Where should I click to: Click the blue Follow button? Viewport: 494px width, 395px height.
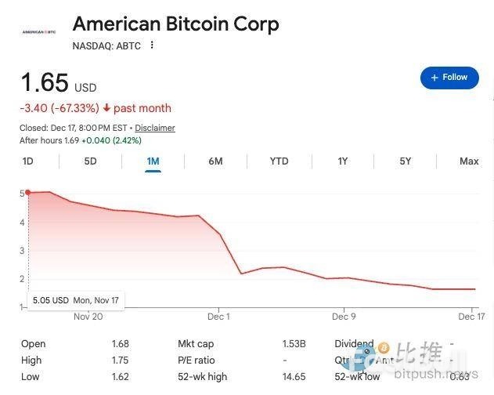[x=449, y=78]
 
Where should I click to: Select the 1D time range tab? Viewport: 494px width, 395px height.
[x=28, y=161]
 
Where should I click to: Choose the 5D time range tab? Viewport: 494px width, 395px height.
[x=90, y=161]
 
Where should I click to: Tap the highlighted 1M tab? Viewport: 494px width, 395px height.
[x=153, y=161]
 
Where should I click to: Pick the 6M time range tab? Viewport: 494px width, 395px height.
[x=215, y=161]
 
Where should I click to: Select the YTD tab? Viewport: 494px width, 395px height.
[x=279, y=161]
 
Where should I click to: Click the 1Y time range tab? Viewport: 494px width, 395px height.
[x=342, y=161]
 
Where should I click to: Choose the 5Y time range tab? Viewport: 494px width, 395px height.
[x=405, y=161]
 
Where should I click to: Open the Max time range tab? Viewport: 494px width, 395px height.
[x=469, y=161]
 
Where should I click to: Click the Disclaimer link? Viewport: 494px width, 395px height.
[x=155, y=128]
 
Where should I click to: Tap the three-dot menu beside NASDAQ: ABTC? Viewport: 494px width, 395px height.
[x=152, y=45]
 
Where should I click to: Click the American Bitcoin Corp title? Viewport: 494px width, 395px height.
[x=175, y=24]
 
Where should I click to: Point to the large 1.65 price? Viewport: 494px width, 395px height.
[x=45, y=82]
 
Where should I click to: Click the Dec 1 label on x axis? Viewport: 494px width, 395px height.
[x=218, y=317]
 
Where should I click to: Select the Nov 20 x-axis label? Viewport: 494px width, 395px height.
[x=88, y=317]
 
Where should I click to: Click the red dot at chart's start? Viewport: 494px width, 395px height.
[x=28, y=192]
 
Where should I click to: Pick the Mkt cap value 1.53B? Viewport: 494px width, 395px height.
[x=294, y=344]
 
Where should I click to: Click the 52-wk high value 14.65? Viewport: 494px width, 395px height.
[x=294, y=377]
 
